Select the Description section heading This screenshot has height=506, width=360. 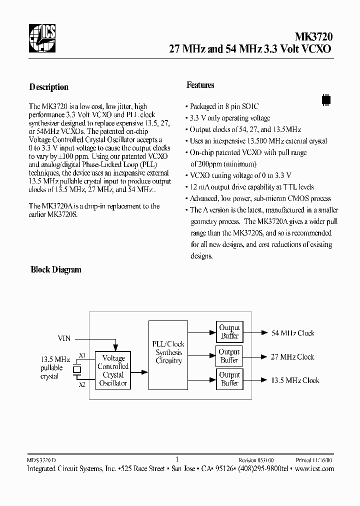coord(49,87)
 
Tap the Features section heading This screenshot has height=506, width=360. coord(200,85)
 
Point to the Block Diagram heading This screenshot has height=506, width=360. coord(56,269)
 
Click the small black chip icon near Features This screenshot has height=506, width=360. coord(326,98)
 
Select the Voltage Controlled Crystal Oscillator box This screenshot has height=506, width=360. coord(113,370)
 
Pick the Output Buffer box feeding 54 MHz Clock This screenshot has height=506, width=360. coord(229,332)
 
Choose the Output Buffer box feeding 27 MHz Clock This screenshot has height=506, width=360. coord(229,356)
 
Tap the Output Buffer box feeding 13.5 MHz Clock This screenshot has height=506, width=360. coord(229,379)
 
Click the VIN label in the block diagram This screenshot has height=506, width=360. coord(64,338)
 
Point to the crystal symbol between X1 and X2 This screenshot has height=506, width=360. coord(77,370)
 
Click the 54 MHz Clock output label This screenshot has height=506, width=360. coord(292,333)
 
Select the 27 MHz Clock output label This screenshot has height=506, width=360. coord(292,356)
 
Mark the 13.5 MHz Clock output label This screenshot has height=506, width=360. coord(295,380)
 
